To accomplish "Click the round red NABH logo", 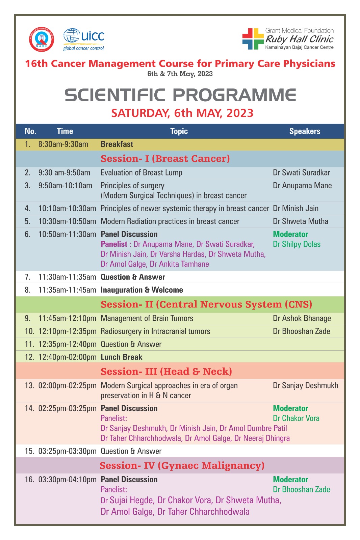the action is click(x=42, y=39).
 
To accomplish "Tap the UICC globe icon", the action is click(x=72, y=35).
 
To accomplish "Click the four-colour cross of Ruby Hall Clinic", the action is click(x=253, y=39).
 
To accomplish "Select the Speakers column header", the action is click(x=305, y=131).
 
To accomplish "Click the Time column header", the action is click(x=65, y=131).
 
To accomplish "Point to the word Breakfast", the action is click(x=117, y=144).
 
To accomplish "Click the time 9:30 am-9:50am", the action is click(x=64, y=172).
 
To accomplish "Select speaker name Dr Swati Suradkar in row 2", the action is click(x=301, y=172).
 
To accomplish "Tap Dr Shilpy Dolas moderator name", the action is click(x=297, y=244).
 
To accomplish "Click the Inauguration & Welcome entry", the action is click(x=142, y=290).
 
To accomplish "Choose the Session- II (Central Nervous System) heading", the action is click(x=206, y=304).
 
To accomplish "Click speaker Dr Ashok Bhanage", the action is click(x=302, y=318).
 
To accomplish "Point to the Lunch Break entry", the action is click(x=121, y=357).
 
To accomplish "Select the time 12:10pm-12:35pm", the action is click(x=67, y=331).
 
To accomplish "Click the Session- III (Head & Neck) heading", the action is click(x=166, y=372).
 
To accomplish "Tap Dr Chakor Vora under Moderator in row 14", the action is click(x=296, y=418).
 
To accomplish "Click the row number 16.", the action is click(x=29, y=480).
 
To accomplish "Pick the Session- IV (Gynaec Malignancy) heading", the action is click(x=182, y=465).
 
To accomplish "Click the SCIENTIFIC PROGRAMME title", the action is click(x=180, y=95).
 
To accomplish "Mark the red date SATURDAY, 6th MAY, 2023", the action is click(x=182, y=113).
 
